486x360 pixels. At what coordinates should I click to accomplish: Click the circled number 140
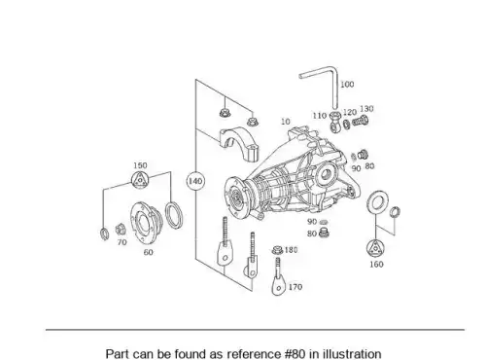[195, 181]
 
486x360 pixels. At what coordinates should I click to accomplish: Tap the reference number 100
[347, 85]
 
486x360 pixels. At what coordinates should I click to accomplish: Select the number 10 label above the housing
[286, 122]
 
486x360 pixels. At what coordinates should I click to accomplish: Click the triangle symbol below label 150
[140, 180]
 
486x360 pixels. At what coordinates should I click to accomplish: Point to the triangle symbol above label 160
[376, 249]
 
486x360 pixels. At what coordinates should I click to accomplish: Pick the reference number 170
[295, 287]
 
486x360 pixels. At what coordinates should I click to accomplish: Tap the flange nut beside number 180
[278, 250]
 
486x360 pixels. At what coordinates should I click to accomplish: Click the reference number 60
[148, 252]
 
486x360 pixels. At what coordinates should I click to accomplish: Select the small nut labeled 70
[120, 230]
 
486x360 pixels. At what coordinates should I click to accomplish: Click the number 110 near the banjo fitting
[320, 116]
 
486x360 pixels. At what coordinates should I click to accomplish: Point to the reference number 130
[366, 108]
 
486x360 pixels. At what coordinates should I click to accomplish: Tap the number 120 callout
[350, 112]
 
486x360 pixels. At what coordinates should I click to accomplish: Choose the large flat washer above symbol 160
[378, 203]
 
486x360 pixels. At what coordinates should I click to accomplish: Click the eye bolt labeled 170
[278, 276]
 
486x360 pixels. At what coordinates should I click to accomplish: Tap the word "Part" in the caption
[117, 353]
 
